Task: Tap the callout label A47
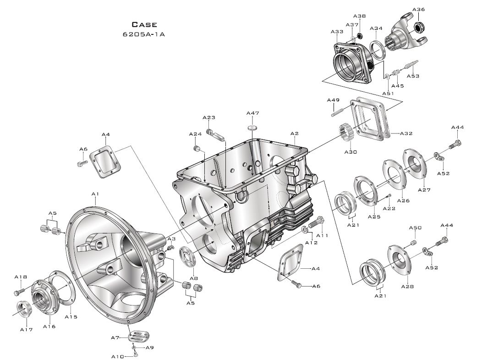[252, 113]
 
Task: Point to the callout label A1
[95, 194]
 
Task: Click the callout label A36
[418, 10]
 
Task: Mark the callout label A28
[407, 287]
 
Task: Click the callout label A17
[26, 329]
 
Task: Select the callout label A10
[117, 356]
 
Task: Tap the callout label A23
[208, 117]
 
